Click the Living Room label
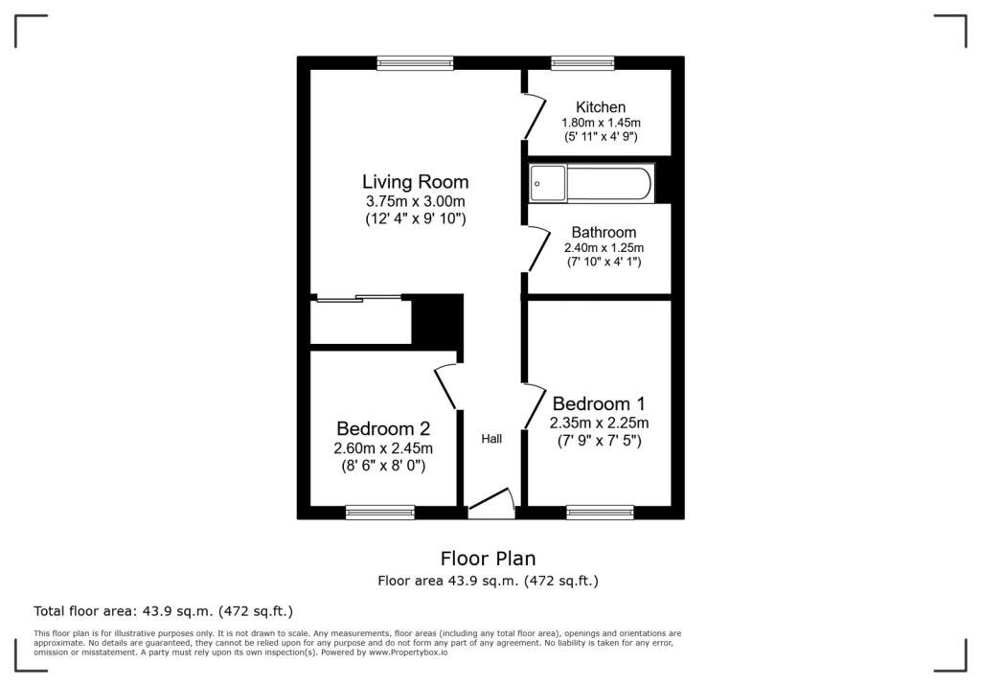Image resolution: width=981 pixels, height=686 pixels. (x=416, y=182)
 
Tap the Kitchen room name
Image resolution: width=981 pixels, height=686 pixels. (x=601, y=107)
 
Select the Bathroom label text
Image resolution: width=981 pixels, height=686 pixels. (x=604, y=232)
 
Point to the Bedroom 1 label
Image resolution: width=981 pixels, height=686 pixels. (x=599, y=403)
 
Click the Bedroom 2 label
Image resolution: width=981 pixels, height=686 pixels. (x=383, y=429)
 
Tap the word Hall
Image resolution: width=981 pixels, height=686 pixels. (x=491, y=439)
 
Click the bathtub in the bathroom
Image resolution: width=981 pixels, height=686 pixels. (x=592, y=184)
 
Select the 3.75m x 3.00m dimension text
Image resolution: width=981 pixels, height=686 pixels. (x=416, y=201)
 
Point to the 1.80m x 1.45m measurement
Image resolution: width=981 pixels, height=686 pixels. (x=601, y=123)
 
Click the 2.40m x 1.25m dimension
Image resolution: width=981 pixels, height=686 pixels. (x=604, y=248)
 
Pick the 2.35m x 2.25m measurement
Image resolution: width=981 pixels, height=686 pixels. (x=600, y=423)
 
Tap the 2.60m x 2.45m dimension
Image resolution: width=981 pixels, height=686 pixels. (x=383, y=448)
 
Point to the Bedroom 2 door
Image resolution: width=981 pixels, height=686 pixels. (x=445, y=387)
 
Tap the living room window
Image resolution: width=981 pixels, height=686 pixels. (x=416, y=62)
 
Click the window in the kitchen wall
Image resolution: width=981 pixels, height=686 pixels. (x=583, y=62)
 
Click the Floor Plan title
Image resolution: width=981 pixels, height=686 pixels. (x=488, y=559)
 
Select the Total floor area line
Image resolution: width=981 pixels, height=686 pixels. (x=163, y=611)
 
